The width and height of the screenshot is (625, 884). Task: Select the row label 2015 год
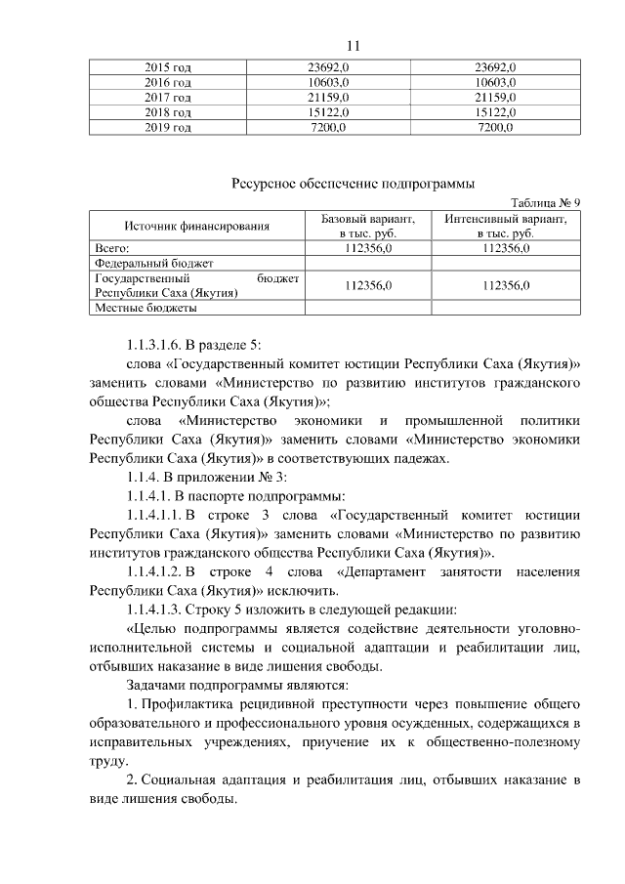pos(167,67)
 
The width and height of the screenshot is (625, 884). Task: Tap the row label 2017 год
pos(167,99)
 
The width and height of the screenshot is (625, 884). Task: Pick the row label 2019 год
pos(167,129)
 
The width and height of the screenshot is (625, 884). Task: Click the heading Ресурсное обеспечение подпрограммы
pos(354,183)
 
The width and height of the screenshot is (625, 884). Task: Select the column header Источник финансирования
pos(197,228)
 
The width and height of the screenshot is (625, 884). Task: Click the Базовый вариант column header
pos(368,227)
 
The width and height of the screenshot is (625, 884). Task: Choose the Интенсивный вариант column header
pos(505,227)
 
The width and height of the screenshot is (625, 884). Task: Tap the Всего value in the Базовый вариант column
pos(368,249)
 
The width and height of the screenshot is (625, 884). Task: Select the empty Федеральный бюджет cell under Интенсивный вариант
pos(505,264)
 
